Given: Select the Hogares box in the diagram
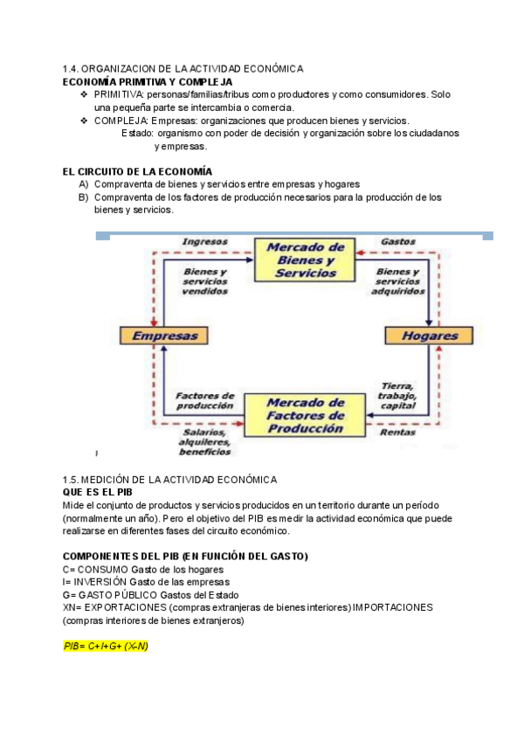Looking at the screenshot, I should pyautogui.click(x=429, y=336).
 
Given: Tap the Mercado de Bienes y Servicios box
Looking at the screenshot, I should pyautogui.click(x=300, y=260).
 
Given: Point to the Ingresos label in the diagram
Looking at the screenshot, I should pyautogui.click(x=204, y=241).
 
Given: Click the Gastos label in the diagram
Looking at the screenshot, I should pyautogui.click(x=398, y=241).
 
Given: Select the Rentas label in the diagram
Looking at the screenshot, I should pyautogui.click(x=397, y=432).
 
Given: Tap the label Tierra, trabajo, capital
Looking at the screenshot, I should pyautogui.click(x=398, y=396).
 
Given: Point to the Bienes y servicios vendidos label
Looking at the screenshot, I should pyautogui.click(x=205, y=281).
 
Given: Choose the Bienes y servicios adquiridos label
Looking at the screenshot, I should pyautogui.click(x=398, y=281).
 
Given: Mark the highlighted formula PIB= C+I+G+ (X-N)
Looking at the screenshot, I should pyautogui.click(x=106, y=646).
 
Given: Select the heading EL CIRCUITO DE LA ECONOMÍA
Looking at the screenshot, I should pyautogui.click(x=137, y=171).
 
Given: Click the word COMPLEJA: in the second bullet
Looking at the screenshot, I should pyautogui.click(x=121, y=121).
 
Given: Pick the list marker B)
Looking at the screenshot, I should pyautogui.click(x=84, y=197).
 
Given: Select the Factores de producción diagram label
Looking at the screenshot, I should pyautogui.click(x=204, y=401).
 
